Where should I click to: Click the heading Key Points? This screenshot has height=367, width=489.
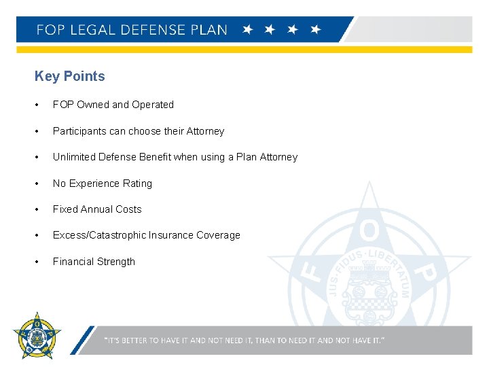coord(69,76)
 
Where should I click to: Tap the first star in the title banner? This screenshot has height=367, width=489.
coord(248,30)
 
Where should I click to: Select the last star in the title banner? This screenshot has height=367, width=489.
coord(315,30)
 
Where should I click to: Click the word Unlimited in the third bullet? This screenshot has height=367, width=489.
coord(74,157)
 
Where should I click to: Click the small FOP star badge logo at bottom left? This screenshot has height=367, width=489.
coord(37,335)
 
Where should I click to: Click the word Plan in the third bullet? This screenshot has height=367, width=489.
coord(245,157)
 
